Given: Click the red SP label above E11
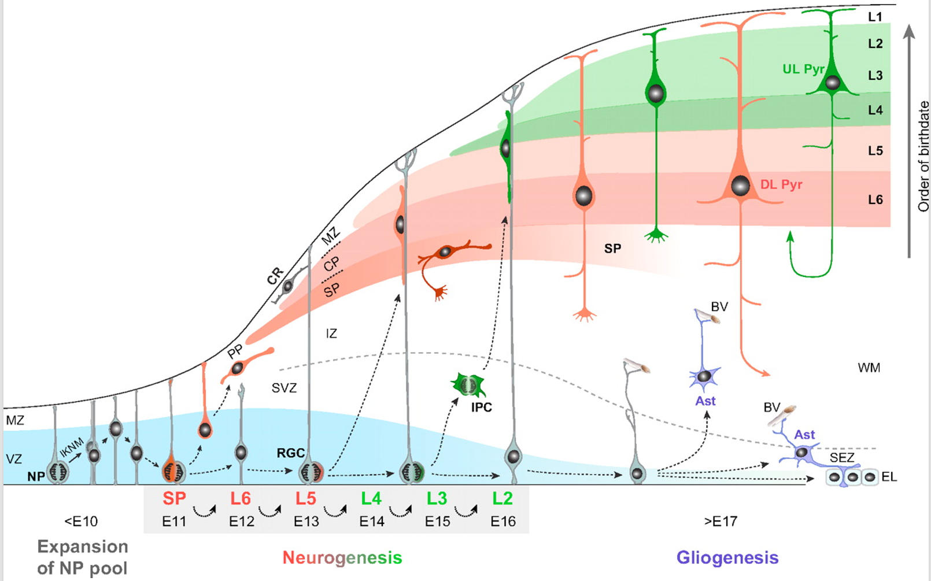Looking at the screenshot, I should point(174,498).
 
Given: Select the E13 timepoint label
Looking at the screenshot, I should point(306,521).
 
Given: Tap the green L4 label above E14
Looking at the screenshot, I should point(372,498).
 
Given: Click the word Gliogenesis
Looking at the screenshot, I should point(727,557).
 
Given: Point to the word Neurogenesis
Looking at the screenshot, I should point(342,557).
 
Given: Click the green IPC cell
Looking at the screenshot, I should point(468,384).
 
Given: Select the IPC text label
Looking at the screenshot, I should point(481,407).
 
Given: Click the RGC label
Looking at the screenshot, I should point(290,453).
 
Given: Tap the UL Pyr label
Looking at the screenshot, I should point(803,69).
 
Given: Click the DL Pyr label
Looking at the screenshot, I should point(781,185).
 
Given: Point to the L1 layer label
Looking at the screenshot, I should point(875,17).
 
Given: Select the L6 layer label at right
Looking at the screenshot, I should point(875,200).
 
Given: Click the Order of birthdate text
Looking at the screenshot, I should point(923,156).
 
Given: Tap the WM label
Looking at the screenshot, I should point(869,368).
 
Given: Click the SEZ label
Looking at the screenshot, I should point(842,457).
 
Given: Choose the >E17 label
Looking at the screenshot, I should point(721,521).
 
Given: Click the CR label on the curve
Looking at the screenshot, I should point(275,276).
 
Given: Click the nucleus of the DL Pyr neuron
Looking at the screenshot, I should point(740,186).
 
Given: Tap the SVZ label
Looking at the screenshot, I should point(284,388).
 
